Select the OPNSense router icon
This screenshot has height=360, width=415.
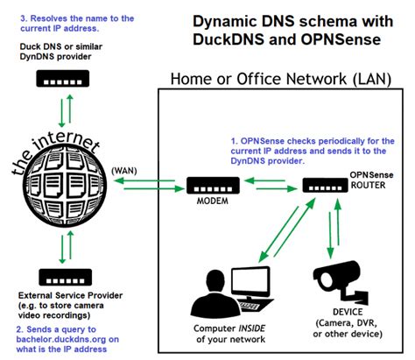tap(325, 185)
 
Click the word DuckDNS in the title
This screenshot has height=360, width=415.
tap(233, 40)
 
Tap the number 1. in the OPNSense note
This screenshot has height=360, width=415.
tap(234, 139)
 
